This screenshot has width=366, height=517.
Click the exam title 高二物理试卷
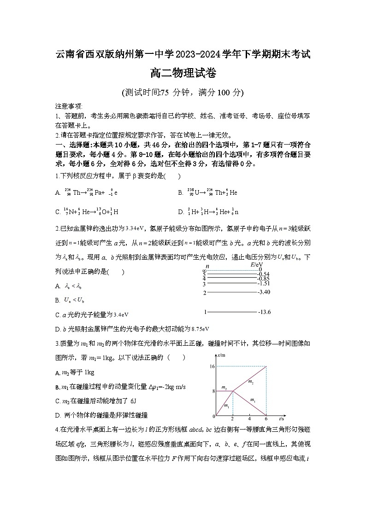(183, 73)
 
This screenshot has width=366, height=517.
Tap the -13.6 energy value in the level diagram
(265, 312)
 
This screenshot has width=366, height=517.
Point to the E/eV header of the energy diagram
(257, 266)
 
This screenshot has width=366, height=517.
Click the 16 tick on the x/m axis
(212, 366)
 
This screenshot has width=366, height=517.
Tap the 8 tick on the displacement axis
(213, 391)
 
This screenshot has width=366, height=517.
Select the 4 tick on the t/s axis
(249, 419)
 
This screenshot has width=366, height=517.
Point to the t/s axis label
(281, 419)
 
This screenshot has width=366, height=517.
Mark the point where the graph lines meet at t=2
(232, 391)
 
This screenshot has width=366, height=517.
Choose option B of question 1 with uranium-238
(207, 192)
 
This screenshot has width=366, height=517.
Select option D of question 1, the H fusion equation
(208, 212)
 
